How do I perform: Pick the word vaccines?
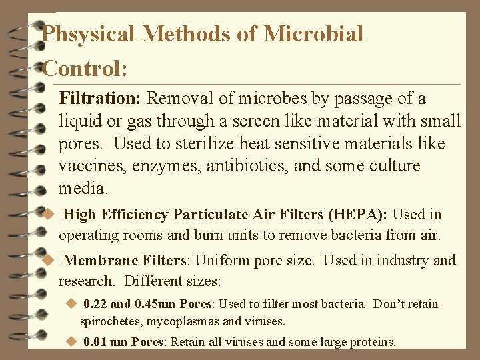91,166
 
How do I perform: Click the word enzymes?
166,166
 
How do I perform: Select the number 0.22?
95,304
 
